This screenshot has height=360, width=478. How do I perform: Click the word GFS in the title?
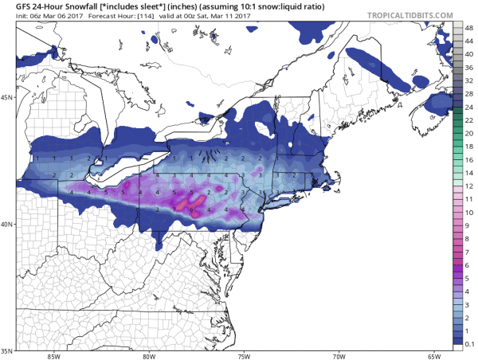pos(14,6)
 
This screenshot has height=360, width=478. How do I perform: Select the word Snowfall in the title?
pos(77,6)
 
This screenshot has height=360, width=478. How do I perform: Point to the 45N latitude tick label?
pos(6,98)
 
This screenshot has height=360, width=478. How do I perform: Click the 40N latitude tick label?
pos(6,224)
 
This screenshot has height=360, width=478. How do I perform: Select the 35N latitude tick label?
pos(6,350)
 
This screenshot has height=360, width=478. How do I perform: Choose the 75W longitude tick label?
pos(245,356)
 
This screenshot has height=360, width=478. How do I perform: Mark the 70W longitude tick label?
pos(339,356)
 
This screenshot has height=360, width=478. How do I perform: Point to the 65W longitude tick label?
pos(434,356)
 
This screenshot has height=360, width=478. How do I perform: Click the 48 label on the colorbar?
pos(469,26)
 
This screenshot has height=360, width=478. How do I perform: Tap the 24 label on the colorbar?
pos(469,105)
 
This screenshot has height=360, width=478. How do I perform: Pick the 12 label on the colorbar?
pos(469,185)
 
